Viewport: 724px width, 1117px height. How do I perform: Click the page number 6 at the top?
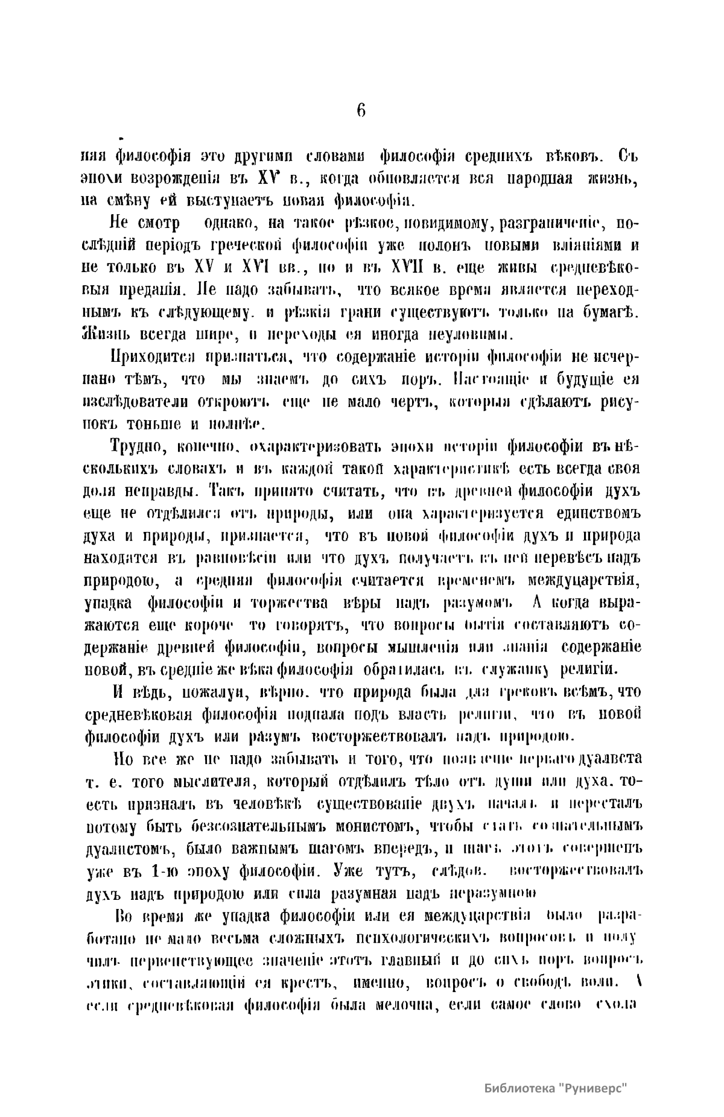click(361, 110)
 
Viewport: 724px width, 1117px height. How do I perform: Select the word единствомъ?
click(597, 514)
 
